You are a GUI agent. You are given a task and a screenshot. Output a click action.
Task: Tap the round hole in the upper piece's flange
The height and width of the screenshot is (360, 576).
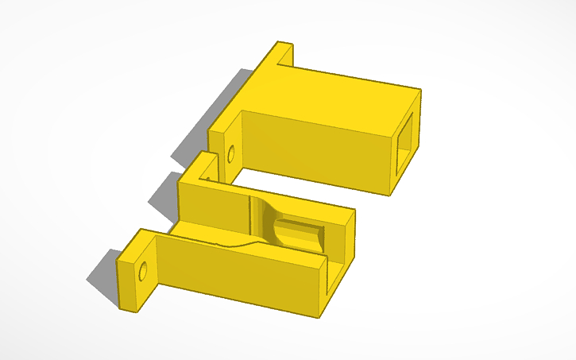coord(231,152)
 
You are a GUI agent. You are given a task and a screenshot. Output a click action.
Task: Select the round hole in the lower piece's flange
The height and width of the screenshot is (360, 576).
coord(144,273)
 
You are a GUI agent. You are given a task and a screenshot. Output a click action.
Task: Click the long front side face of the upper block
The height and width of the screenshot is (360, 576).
coord(318,151)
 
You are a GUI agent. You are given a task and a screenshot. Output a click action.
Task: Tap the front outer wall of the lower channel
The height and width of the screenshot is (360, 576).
coord(238,274)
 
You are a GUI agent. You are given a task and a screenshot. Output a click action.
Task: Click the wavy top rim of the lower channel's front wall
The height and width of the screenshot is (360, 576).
coord(238,243)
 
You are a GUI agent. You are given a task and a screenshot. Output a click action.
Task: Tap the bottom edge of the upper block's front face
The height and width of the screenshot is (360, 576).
coord(318,181)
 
